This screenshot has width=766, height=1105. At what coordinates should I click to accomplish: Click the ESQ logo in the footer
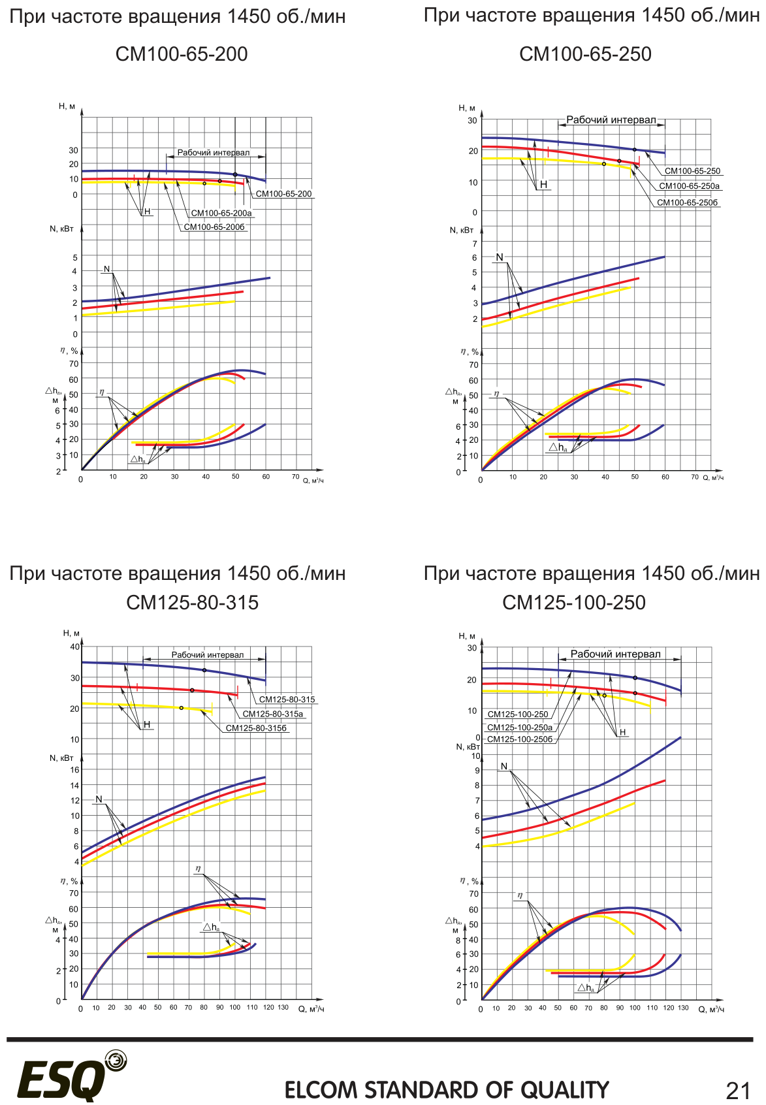[72, 1077]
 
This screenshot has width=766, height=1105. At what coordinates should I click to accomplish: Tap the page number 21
[739, 1091]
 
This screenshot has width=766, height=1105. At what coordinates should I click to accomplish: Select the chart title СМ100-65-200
[182, 54]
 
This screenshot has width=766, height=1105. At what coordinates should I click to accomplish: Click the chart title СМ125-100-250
[573, 602]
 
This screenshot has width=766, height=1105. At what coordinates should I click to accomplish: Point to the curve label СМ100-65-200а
[221, 213]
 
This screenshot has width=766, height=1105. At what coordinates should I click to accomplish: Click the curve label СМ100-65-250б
[687, 202]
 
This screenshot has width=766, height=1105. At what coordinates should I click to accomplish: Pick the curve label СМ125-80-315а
[273, 714]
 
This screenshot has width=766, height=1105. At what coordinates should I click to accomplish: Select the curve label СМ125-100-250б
[520, 739]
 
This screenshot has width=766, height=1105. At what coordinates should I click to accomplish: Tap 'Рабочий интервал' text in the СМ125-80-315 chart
[208, 654]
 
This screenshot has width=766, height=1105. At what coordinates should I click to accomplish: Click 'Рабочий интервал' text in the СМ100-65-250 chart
[611, 120]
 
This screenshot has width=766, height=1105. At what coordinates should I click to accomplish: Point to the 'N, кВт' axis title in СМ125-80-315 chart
[61, 758]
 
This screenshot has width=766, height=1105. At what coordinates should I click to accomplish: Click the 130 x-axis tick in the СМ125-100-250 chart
[683, 1008]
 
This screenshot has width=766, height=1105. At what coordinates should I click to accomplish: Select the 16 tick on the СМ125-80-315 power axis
[75, 769]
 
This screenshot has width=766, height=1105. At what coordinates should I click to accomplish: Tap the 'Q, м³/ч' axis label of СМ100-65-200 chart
[313, 480]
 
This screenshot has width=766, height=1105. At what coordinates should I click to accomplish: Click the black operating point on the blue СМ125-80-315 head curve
[204, 670]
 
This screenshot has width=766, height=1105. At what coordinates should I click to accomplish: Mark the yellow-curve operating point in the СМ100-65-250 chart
[604, 164]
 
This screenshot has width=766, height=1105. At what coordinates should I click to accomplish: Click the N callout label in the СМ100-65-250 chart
[500, 257]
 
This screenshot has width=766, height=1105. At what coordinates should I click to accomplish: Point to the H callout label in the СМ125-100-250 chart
[622, 732]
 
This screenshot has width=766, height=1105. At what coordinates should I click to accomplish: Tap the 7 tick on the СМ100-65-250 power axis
[475, 244]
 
